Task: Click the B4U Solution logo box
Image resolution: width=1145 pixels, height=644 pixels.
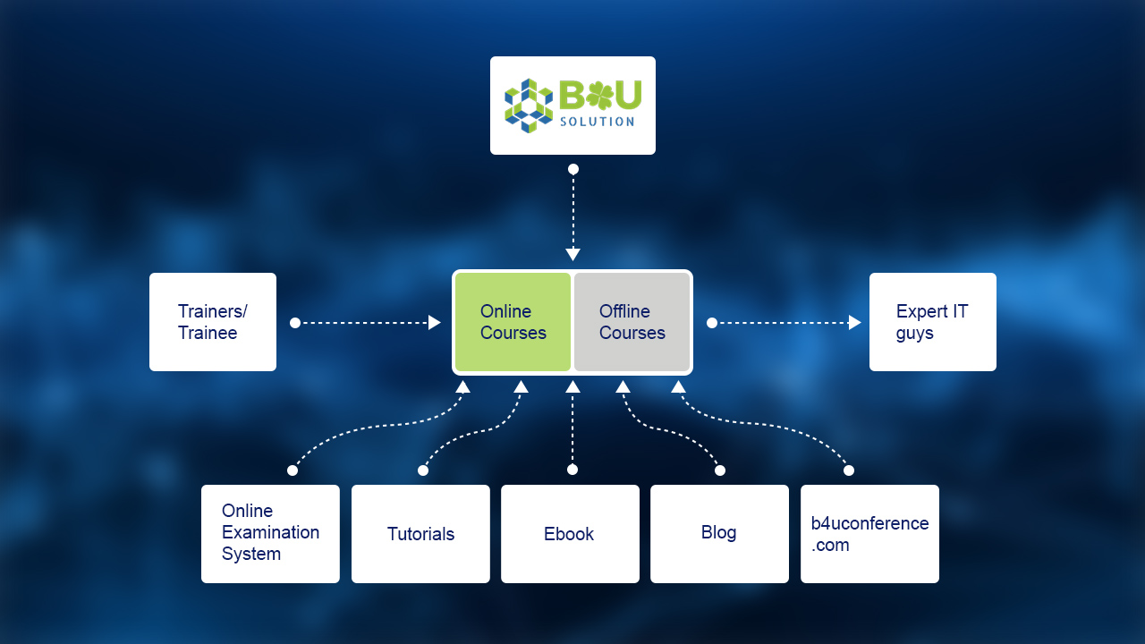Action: pyautogui.click(x=572, y=106)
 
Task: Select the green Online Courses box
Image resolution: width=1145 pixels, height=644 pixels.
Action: pyautogui.click(x=513, y=322)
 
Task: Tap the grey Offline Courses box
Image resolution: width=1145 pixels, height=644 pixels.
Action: pyautogui.click(x=632, y=322)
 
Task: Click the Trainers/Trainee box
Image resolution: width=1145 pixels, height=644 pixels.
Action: pyautogui.click(x=213, y=322)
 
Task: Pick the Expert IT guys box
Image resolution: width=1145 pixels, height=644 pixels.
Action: pyautogui.click(x=932, y=322)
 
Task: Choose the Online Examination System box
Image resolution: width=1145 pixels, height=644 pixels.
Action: pyautogui.click(x=270, y=533)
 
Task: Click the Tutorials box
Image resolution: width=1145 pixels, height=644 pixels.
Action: pyautogui.click(x=420, y=534)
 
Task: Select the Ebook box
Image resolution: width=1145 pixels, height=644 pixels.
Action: pyautogui.click(x=570, y=534)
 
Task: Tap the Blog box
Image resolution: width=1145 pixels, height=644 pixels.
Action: pyautogui.click(x=719, y=533)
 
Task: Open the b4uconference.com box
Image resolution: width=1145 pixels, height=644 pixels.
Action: pyautogui.click(x=869, y=533)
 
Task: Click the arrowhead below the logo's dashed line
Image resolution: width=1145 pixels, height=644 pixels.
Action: pyautogui.click(x=572, y=255)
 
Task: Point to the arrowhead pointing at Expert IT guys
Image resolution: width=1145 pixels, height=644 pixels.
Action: pyautogui.click(x=855, y=323)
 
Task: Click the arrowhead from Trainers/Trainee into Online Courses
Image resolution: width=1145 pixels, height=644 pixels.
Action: pyautogui.click(x=435, y=323)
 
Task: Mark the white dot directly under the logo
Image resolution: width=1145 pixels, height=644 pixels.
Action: pyautogui.click(x=572, y=169)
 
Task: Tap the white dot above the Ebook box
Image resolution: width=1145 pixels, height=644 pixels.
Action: pyautogui.click(x=572, y=470)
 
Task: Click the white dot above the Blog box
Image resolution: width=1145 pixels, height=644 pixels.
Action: pyautogui.click(x=720, y=470)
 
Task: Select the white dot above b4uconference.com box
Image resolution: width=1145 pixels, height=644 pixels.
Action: pyautogui.click(x=849, y=470)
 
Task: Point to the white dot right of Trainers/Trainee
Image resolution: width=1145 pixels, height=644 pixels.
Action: pyautogui.click(x=295, y=323)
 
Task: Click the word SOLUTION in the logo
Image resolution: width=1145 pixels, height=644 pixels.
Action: pyautogui.click(x=597, y=122)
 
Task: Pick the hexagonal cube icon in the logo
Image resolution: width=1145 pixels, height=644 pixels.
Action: pyautogui.click(x=529, y=106)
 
